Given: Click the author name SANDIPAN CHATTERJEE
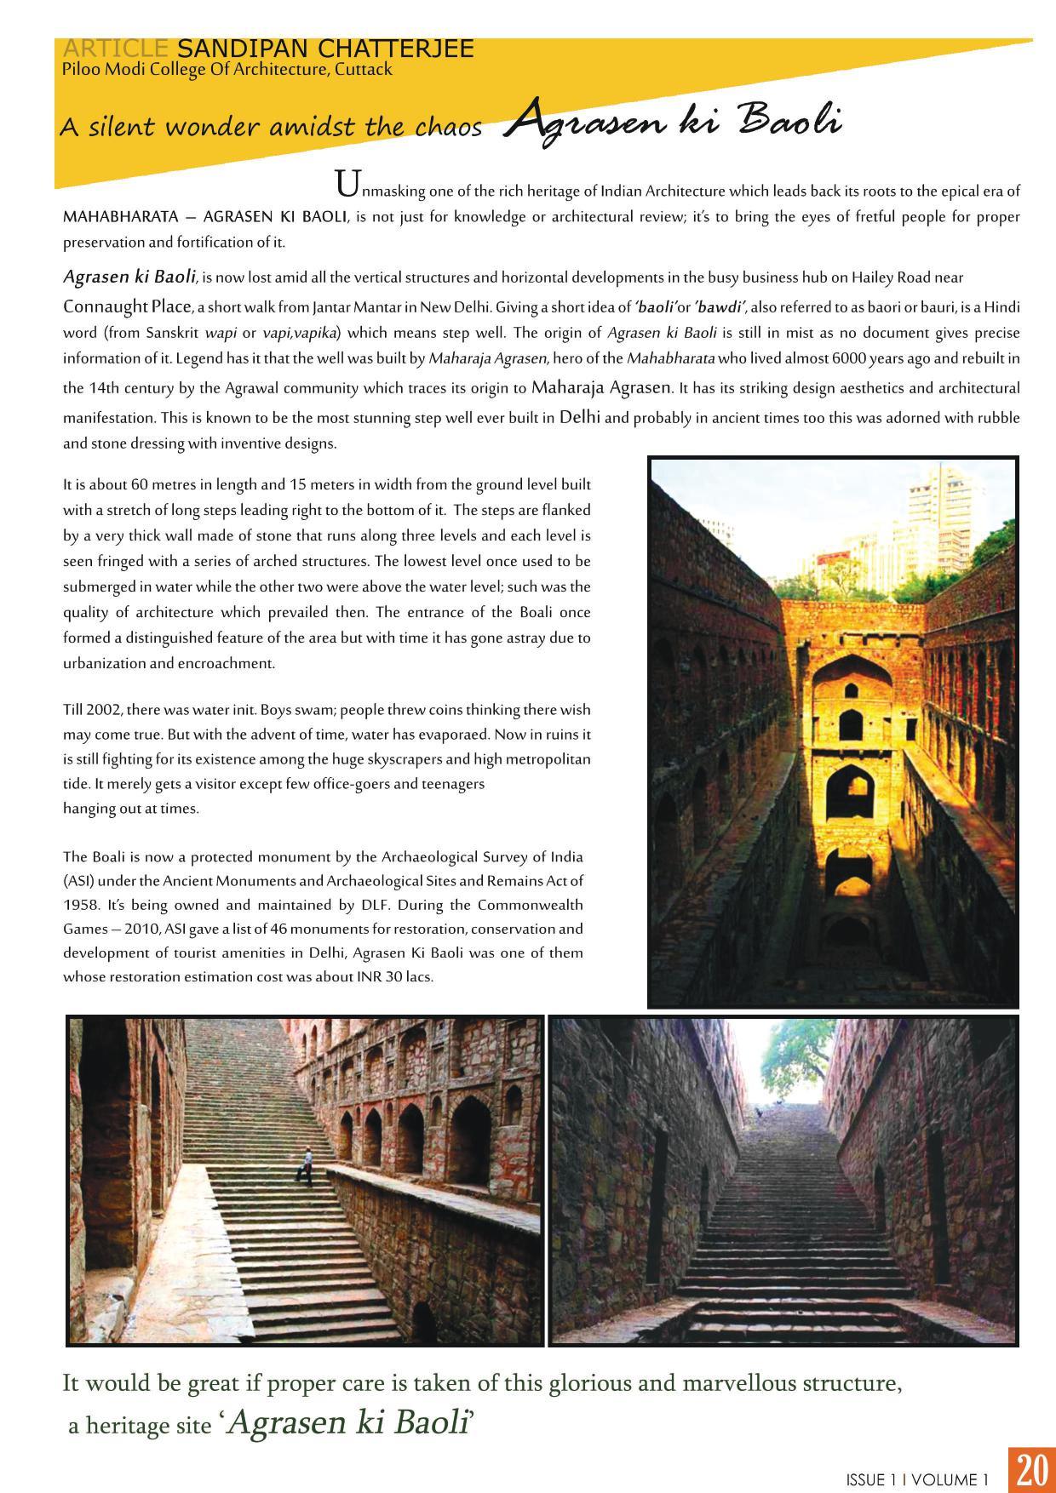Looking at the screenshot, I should coord(325,49).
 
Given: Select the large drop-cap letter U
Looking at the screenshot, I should coord(345,183).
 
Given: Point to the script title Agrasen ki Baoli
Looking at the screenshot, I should coord(673,122).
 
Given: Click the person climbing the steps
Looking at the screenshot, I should coord(306,1165).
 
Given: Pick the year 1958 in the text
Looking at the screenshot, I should coord(80,905).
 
